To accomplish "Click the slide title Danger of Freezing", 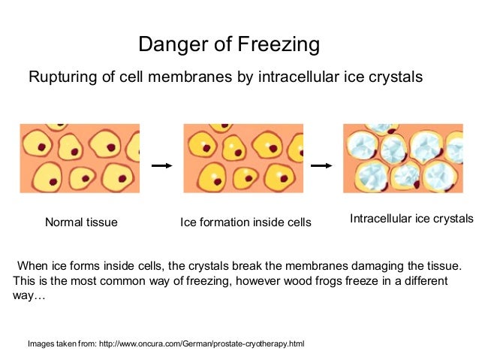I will pos(229,45).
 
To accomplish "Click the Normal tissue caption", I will pos(81,222).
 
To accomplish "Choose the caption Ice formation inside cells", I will pos(246,222).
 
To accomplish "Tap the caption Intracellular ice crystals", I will pos(411,219).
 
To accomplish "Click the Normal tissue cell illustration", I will pos(80,159).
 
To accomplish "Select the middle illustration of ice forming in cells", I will pos(243,159).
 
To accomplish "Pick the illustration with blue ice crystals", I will pos(403,159).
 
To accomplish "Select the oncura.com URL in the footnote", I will pos(207,343).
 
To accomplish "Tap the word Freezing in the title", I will pos(279,45).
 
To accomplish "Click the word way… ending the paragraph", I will pos(29,296).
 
